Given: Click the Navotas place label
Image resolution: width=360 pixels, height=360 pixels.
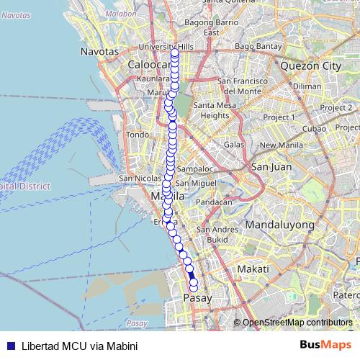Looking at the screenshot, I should (x=99, y=53).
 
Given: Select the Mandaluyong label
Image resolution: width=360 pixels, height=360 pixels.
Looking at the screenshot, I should (x=281, y=225).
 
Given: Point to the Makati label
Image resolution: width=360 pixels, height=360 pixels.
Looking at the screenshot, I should (x=253, y=269).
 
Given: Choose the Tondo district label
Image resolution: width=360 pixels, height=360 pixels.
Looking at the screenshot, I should (x=137, y=135).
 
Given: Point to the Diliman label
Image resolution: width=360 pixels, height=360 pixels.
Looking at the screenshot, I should (x=307, y=86).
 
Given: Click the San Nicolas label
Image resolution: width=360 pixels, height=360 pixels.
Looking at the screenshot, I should (x=135, y=178).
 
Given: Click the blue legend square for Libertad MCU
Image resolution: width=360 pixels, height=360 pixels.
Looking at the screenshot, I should (x=9, y=345).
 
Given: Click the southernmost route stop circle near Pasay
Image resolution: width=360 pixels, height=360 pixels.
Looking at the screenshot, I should (x=193, y=289).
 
